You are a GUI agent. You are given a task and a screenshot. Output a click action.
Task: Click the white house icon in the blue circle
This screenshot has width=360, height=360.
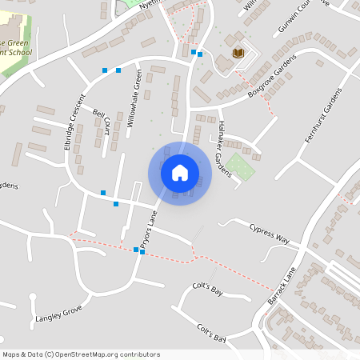(180, 173)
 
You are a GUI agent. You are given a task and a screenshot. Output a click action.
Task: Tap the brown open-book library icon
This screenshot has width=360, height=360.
(238, 54)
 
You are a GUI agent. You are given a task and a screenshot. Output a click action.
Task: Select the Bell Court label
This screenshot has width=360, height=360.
(100, 122)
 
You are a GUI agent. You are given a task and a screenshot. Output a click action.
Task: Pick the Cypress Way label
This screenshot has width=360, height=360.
(269, 233)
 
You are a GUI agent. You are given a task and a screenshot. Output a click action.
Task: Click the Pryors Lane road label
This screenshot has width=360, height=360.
(147, 229)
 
